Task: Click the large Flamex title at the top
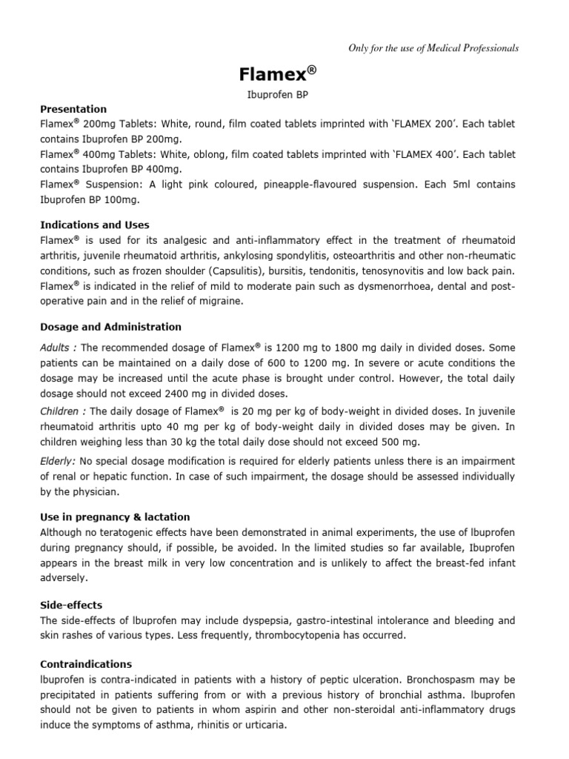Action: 278,74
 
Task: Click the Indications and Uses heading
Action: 106,225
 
